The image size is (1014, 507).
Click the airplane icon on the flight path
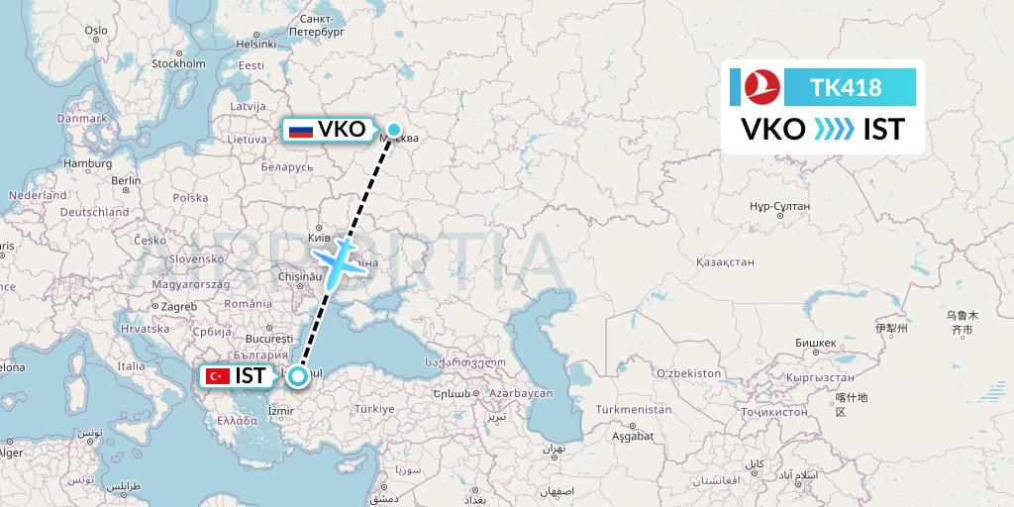click(x=340, y=258)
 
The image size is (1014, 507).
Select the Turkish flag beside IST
click(x=217, y=376)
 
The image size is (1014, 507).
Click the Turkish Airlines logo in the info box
click(x=762, y=87)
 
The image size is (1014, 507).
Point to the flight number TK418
click(x=846, y=88)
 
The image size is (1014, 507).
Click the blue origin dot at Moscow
click(x=394, y=129)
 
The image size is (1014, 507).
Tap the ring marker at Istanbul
click(x=297, y=375)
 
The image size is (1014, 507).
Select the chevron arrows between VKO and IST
click(x=834, y=130)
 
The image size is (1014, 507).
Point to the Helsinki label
click(x=255, y=44)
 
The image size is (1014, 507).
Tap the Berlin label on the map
click(x=126, y=180)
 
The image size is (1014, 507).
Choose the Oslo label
click(x=96, y=31)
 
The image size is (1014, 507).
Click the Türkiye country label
click(x=375, y=409)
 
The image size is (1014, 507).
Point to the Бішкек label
click(x=816, y=343)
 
